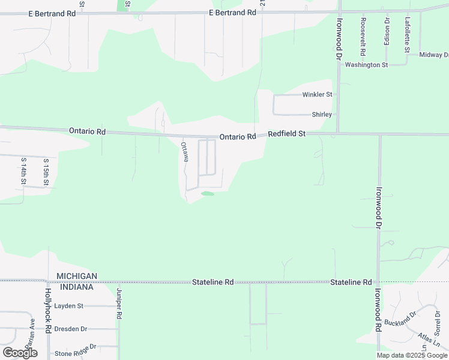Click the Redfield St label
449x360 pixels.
point(287,134)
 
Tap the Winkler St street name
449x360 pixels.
point(317,95)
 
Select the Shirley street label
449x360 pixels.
point(322,115)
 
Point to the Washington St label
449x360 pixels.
point(367,65)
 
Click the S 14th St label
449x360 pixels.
point(23,170)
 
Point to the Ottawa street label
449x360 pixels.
point(185,151)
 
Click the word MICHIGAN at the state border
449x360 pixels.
point(77,276)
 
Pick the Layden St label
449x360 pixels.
point(68,305)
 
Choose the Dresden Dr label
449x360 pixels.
point(71,329)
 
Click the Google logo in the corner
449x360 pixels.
point(20,353)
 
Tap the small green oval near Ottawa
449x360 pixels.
point(207,193)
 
